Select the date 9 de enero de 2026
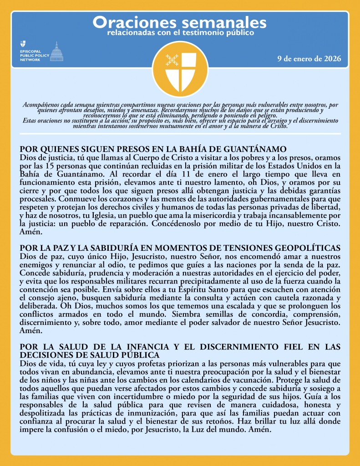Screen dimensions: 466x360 (x=309, y=59)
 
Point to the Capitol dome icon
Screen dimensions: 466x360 (x=56, y=51)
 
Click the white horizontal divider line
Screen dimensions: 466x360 (x=180, y=133)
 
